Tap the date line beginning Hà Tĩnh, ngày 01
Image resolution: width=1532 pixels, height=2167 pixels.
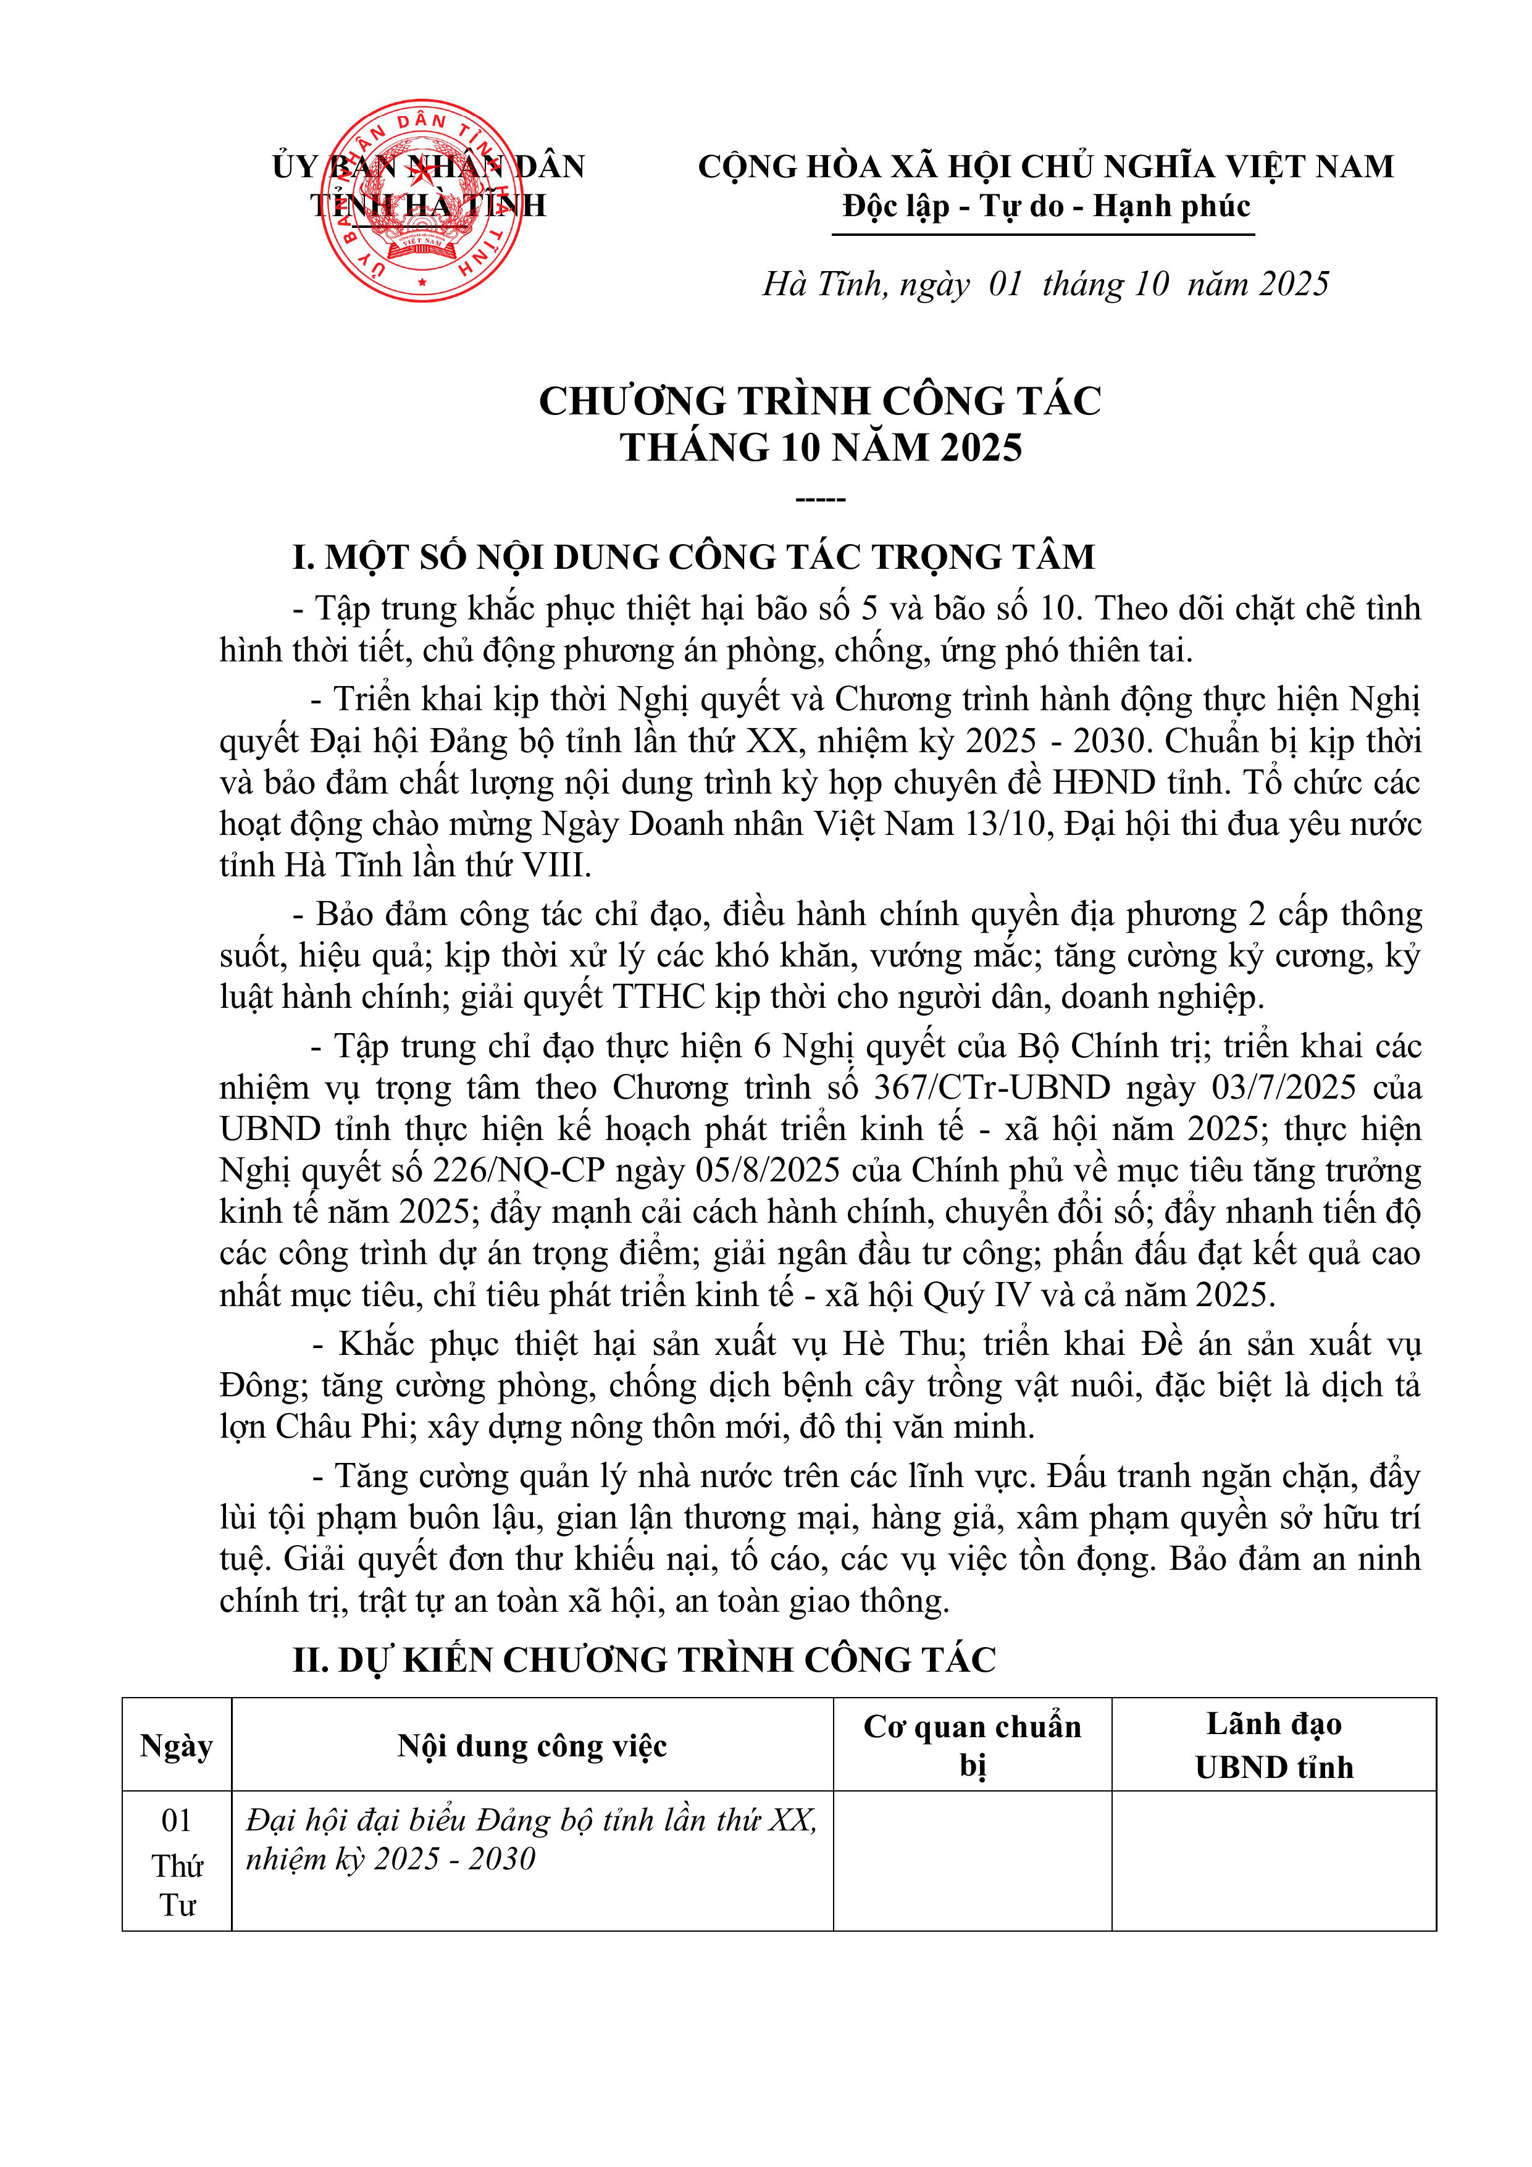[1045, 284]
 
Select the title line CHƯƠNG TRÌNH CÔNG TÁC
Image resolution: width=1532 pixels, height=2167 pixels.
[819, 401]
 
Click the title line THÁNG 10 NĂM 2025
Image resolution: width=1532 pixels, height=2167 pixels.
[820, 447]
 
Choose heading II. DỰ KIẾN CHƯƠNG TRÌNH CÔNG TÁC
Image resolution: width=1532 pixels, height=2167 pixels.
[644, 1660]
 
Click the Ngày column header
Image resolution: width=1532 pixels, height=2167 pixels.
[177, 1746]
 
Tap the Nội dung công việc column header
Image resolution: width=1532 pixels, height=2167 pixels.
[532, 1746]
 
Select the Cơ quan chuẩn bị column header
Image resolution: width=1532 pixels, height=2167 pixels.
[973, 1746]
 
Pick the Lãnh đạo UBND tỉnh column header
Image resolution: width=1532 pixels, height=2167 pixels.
[1273, 1746]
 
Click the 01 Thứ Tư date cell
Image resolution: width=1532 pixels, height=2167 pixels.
[177, 1862]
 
